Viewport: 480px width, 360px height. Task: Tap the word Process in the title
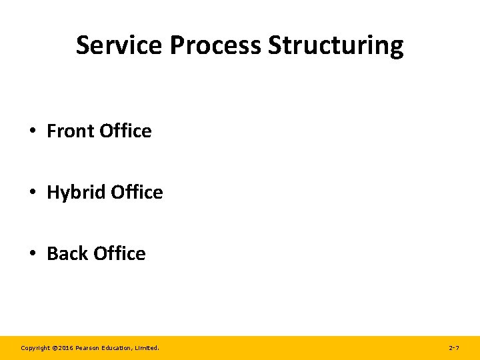point(216,45)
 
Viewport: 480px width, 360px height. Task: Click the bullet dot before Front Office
point(33,131)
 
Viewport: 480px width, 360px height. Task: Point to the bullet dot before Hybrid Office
point(33,193)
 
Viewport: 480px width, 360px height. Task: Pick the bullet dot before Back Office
point(33,254)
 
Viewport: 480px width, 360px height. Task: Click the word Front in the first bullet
point(71,131)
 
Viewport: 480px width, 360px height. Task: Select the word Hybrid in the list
point(77,193)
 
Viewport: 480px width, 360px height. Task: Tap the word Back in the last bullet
point(68,253)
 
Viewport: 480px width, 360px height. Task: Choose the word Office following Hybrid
point(137,192)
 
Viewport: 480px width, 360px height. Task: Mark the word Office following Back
point(119,253)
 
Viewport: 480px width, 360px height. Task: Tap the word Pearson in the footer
point(87,348)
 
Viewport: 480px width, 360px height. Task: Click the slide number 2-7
point(454,348)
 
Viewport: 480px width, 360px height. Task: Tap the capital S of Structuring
point(275,45)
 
